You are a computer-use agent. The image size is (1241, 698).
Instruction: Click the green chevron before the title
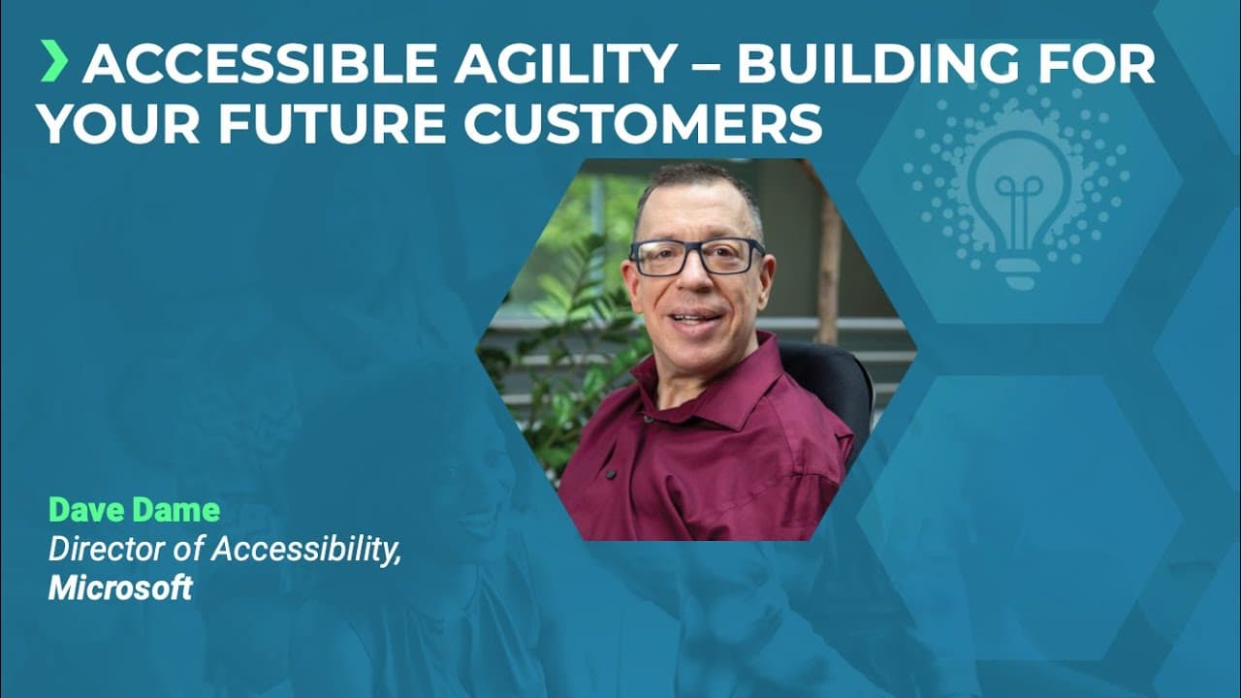pos(54,61)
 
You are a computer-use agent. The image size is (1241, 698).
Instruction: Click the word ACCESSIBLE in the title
pos(260,64)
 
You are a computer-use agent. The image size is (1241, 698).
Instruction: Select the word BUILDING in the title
pos(877,64)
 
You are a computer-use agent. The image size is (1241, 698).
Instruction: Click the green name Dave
pos(87,510)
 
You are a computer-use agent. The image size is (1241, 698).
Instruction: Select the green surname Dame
pos(177,510)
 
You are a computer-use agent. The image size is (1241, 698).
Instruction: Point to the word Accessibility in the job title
pos(306,551)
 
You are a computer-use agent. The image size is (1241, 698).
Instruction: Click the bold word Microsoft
pos(120,587)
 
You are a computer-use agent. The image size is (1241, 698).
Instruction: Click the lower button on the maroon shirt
pos(611,474)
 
